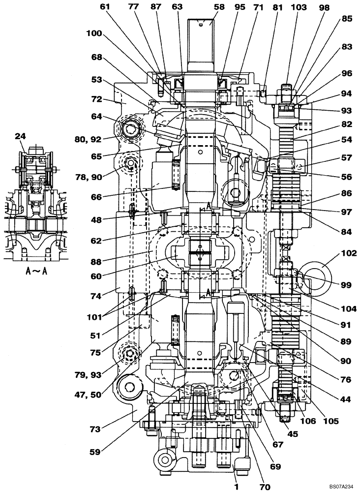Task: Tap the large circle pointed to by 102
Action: click(323, 270)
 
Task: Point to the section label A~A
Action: click(32, 270)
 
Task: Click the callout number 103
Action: click(299, 7)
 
